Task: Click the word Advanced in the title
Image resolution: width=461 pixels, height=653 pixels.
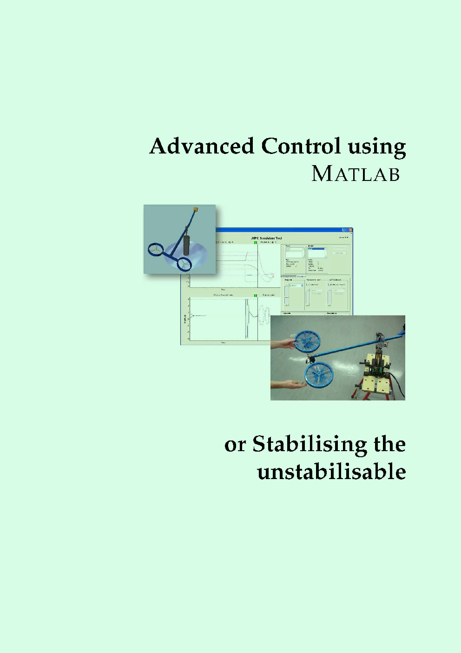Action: [202, 146]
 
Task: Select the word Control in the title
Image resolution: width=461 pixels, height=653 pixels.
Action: [301, 146]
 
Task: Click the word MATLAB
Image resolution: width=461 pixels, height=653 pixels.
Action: [356, 173]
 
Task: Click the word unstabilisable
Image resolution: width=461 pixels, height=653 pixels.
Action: [331, 471]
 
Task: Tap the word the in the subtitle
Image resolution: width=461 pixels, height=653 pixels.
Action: [389, 444]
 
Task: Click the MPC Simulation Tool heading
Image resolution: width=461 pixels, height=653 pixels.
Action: [267, 239]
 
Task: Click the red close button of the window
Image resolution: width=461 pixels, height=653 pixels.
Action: [350, 230]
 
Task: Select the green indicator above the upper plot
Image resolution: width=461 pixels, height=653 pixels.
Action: [256, 242]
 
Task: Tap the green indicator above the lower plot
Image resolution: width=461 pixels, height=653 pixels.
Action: [256, 295]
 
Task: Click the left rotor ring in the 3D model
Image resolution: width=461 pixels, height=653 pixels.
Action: [156, 250]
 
